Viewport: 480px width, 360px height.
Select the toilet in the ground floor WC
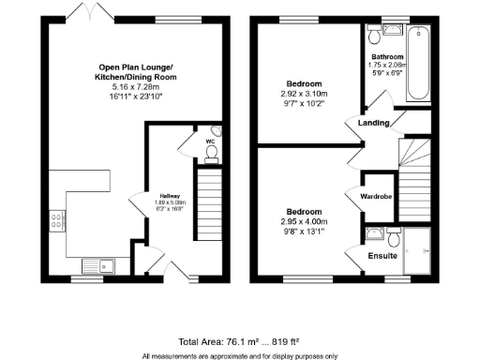point(211,150)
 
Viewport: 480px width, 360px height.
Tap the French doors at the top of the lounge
point(86,14)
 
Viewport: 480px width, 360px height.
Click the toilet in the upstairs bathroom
point(375,35)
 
